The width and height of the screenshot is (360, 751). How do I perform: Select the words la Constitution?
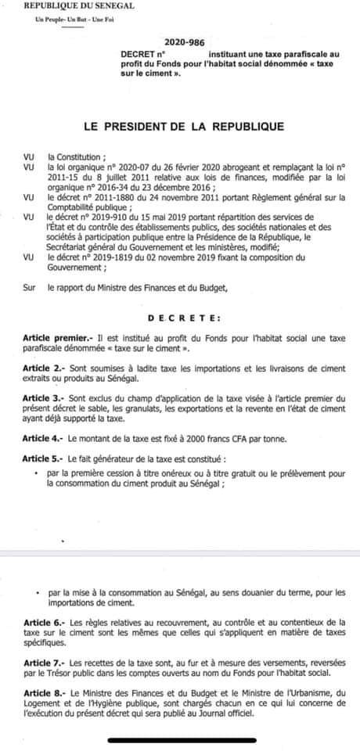pos(74,156)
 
